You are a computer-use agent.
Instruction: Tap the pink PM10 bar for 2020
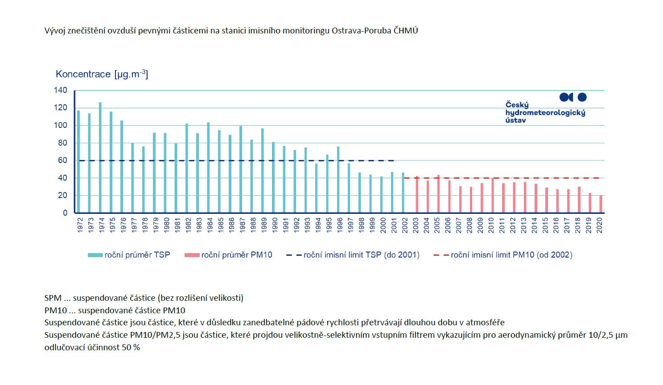click(601, 204)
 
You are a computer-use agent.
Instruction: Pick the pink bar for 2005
click(438, 194)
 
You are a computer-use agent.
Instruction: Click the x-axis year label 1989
click(264, 225)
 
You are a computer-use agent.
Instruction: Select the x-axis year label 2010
click(491, 225)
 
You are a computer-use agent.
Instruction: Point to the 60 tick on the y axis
click(62, 160)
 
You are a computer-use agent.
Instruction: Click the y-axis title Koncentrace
click(83, 74)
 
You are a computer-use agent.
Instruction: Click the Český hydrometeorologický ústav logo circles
click(573, 97)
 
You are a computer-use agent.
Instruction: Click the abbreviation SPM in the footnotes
click(53, 298)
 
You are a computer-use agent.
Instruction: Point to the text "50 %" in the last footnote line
click(131, 348)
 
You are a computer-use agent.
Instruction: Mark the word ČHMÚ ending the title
click(406, 31)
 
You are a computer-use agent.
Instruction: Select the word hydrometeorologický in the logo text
click(545, 113)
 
